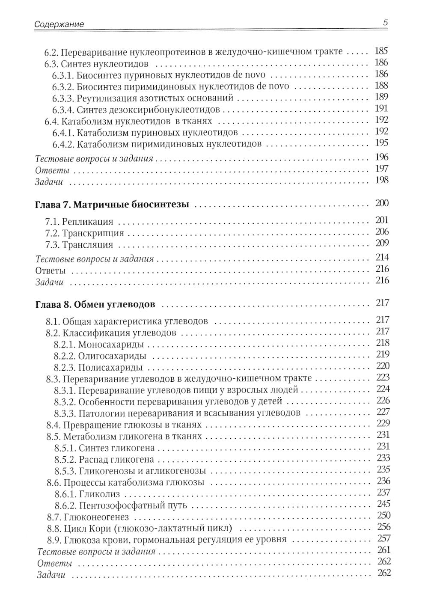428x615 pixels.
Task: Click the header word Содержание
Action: (x=59, y=24)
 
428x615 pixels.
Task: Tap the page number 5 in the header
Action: (x=385, y=24)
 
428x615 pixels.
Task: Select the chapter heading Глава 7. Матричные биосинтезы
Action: (x=111, y=205)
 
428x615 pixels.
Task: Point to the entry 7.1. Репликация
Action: (x=79, y=222)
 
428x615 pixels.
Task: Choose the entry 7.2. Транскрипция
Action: (x=84, y=233)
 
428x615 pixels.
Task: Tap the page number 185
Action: (x=381, y=51)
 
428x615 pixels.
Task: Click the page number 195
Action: (x=381, y=143)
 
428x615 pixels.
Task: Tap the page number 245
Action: (x=383, y=504)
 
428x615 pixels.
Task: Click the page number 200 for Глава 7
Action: (x=381, y=203)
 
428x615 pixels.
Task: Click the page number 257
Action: (x=383, y=538)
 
